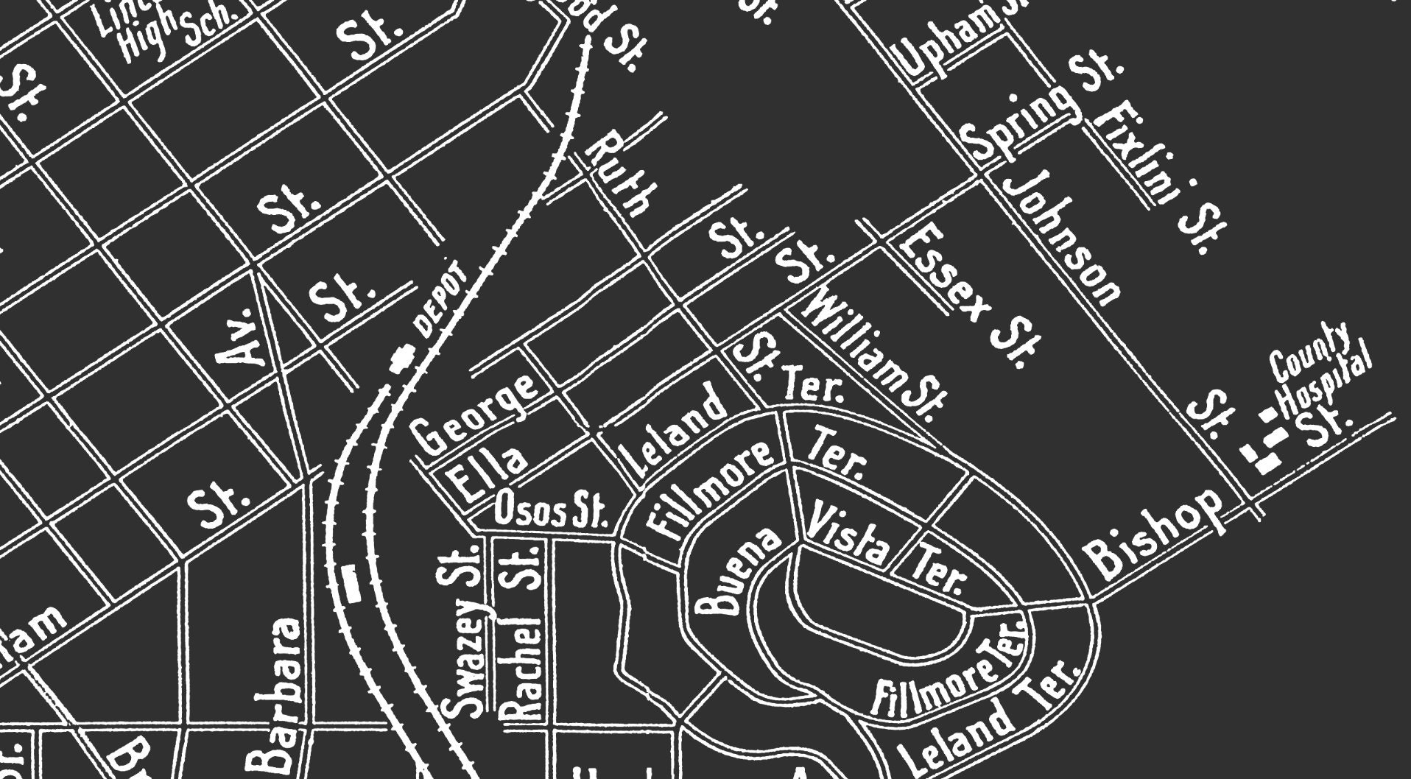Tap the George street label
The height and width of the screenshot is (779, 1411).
coord(474,414)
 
